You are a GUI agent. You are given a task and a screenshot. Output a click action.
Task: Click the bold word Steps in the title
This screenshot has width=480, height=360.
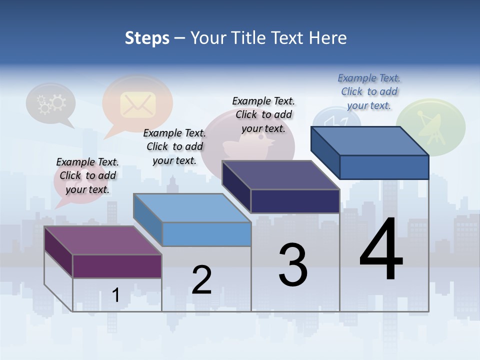coord(147,38)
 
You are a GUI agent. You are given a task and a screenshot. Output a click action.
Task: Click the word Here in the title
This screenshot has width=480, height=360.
coord(328,38)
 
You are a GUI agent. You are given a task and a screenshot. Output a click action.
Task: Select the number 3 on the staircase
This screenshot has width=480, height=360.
coord(293,265)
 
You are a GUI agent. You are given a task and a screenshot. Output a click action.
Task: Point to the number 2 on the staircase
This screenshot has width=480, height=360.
coord(202,280)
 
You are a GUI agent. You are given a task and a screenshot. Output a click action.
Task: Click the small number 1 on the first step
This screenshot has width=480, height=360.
coord(115,295)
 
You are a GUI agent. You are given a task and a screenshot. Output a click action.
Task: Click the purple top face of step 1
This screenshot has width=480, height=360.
coord(102,240)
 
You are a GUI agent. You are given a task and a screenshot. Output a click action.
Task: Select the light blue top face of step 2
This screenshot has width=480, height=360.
coord(192,207)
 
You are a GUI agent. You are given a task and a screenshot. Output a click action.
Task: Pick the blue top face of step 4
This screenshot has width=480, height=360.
coord(370,141)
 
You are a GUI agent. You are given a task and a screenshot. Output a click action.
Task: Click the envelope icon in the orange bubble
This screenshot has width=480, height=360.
coord(137,104)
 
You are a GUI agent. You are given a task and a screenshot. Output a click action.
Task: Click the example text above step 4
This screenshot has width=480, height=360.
coord(369,91)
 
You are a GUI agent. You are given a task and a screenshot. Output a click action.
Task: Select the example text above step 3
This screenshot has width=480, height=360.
coord(263,114)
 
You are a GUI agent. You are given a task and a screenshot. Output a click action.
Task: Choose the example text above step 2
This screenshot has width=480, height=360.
coord(174,146)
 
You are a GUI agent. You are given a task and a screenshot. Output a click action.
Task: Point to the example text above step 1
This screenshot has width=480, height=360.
coord(87,175)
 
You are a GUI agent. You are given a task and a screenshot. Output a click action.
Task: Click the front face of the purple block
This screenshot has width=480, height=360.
coord(117,266)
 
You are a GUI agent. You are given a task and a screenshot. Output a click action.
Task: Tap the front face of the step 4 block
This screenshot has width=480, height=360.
coord(384,167)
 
